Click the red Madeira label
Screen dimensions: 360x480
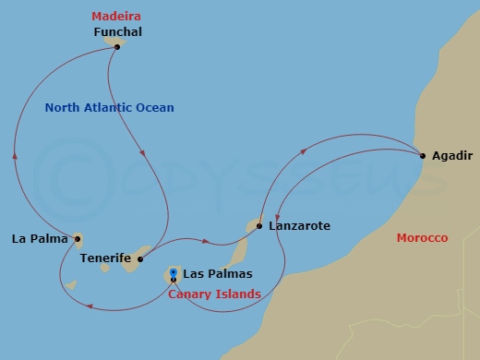(116, 16)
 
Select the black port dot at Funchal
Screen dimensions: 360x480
(116, 46)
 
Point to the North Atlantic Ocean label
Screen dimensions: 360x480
(110, 108)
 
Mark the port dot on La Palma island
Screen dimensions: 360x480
(78, 240)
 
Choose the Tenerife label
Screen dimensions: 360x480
(104, 259)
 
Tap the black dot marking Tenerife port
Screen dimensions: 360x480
(139, 259)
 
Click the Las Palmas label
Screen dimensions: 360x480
(217, 274)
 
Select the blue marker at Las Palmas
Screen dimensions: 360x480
(174, 272)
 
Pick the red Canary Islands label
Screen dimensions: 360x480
(214, 294)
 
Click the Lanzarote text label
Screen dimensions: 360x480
(299, 225)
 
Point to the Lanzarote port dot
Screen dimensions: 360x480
(259, 225)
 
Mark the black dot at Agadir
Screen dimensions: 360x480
(422, 155)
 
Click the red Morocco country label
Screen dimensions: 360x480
(422, 238)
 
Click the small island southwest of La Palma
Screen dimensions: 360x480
(71, 285)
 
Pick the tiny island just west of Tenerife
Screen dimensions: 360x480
(105, 269)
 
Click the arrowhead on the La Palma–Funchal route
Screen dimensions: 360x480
(16, 156)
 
